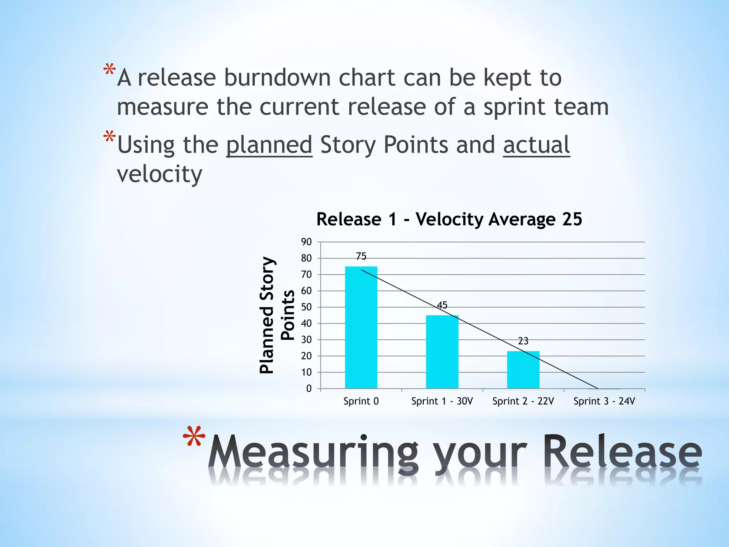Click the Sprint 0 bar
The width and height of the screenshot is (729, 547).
(361, 328)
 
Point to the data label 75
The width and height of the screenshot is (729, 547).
(361, 256)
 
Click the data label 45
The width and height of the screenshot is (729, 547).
(442, 305)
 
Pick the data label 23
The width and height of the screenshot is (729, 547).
(523, 341)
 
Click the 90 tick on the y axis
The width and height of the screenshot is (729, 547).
(306, 242)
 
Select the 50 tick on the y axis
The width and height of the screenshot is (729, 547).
(306, 307)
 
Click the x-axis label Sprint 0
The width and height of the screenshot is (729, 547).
(361, 401)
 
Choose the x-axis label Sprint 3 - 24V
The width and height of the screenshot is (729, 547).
(604, 401)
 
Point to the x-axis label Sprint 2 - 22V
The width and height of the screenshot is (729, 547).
(523, 401)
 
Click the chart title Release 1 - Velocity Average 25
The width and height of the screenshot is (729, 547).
(449, 219)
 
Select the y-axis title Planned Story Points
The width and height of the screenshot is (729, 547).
(277, 315)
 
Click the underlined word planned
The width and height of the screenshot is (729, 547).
(269, 145)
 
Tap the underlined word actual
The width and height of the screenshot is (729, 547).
(536, 145)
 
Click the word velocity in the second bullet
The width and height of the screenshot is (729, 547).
(159, 174)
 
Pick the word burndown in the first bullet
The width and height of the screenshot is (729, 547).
(274, 78)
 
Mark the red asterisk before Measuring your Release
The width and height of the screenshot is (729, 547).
(194, 436)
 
